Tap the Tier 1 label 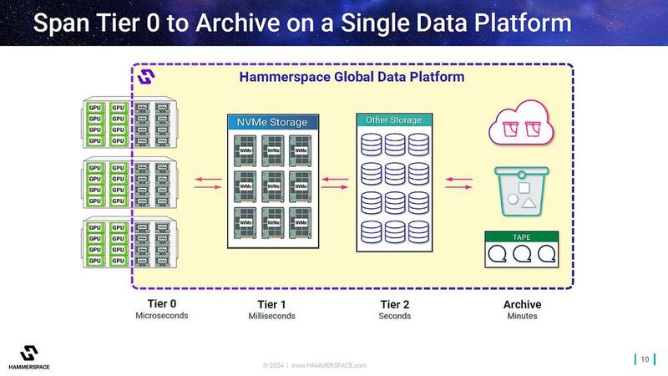pyautogui.click(x=271, y=304)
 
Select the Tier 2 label pyautogui.click(x=394, y=304)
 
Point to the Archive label pyautogui.click(x=522, y=304)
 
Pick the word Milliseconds pyautogui.click(x=271, y=317)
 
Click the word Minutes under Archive pyautogui.click(x=522, y=317)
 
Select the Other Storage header pyautogui.click(x=394, y=120)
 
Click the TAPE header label pyautogui.click(x=522, y=236)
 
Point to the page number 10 pyautogui.click(x=644, y=359)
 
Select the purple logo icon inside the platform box pyautogui.click(x=148, y=77)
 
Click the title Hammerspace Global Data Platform pyautogui.click(x=352, y=77)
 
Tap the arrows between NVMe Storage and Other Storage pyautogui.click(x=335, y=183)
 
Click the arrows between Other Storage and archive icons pyautogui.click(x=458, y=183)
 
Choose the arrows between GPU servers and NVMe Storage pyautogui.click(x=204, y=183)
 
